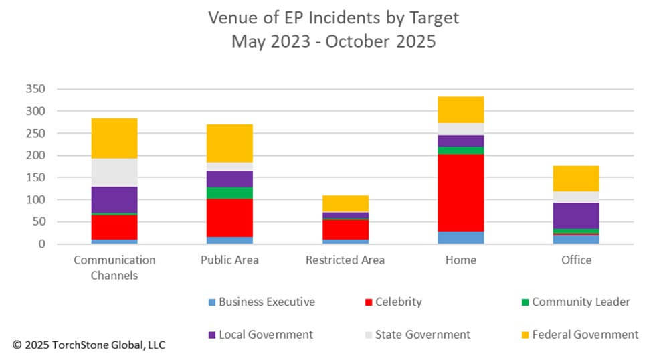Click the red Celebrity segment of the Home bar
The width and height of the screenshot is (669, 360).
pos(461,193)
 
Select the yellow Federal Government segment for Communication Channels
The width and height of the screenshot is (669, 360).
pos(114,139)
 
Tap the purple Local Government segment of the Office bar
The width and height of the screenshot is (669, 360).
pos(576,215)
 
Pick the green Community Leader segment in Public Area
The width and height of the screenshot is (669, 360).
pos(229,193)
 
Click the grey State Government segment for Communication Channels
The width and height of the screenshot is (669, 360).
pos(114,173)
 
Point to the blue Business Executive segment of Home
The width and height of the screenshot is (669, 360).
pos(461,238)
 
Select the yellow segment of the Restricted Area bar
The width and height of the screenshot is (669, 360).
pos(345,204)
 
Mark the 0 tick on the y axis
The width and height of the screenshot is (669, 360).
pos(41,244)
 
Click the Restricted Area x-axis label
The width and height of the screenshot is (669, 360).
pos(345,260)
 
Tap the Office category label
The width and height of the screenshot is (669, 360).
pos(576,260)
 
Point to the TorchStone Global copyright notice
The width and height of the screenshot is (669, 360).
pos(88,345)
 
